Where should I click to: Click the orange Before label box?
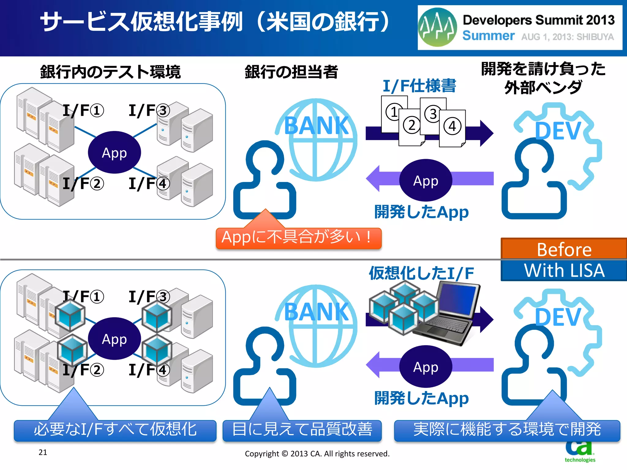(564, 249)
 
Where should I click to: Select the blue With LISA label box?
(564, 270)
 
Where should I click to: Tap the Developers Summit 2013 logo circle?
(437, 27)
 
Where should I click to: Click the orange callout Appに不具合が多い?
(298, 238)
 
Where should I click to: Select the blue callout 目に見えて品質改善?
(302, 430)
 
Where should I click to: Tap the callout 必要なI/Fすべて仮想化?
(115, 430)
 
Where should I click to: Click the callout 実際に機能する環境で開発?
(507, 430)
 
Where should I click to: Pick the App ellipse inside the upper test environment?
(114, 152)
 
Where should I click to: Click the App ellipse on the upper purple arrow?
(426, 180)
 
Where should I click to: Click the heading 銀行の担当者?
(291, 72)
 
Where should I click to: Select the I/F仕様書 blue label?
(419, 86)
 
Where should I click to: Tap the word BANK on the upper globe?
(316, 126)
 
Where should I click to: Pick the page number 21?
(43, 452)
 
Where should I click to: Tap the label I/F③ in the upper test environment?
(149, 110)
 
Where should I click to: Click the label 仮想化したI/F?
(421, 273)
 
